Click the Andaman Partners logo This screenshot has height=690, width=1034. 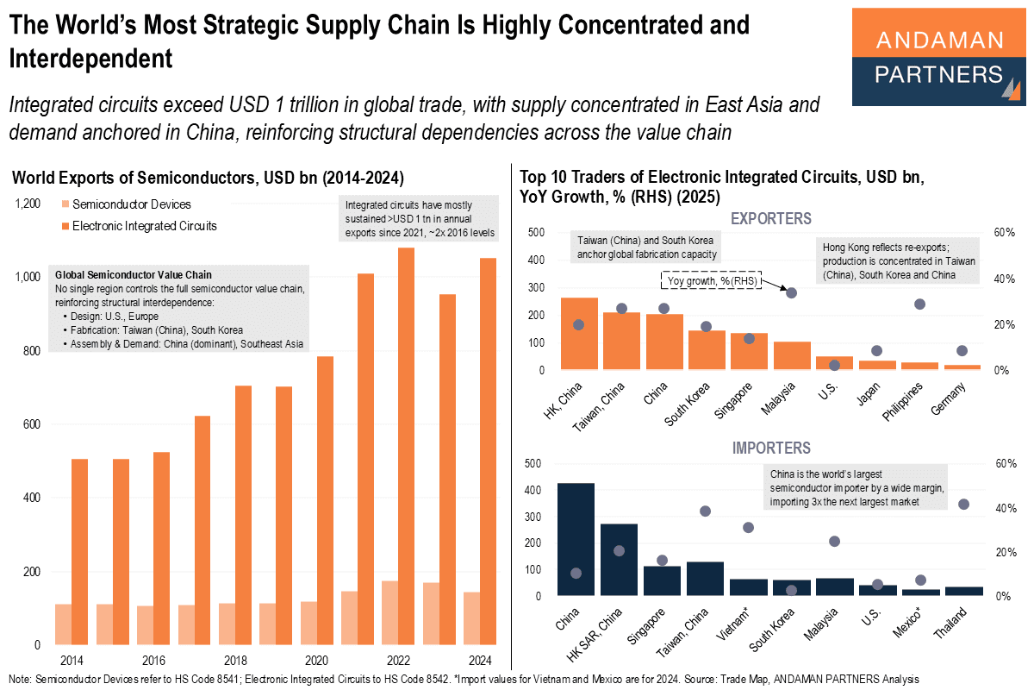tap(938, 57)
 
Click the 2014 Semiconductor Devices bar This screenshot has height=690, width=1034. tap(63, 624)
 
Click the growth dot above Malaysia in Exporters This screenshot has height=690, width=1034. tap(791, 293)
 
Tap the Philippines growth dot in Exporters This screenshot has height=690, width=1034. tap(919, 304)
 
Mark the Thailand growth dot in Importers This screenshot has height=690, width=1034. tap(963, 504)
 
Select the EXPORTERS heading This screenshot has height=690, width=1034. tap(770, 218)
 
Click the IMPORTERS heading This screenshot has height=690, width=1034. tap(770, 448)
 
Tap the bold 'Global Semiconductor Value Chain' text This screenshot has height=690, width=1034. tap(133, 275)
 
